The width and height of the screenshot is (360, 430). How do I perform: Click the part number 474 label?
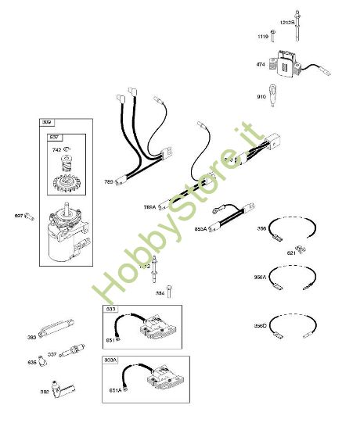[x=261, y=66]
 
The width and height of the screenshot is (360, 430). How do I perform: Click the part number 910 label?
[x=261, y=97]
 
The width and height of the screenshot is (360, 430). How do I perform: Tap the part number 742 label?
[x=56, y=149]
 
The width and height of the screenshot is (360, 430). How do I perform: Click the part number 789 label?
[x=109, y=181]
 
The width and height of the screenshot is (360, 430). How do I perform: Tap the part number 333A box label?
[x=111, y=360]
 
